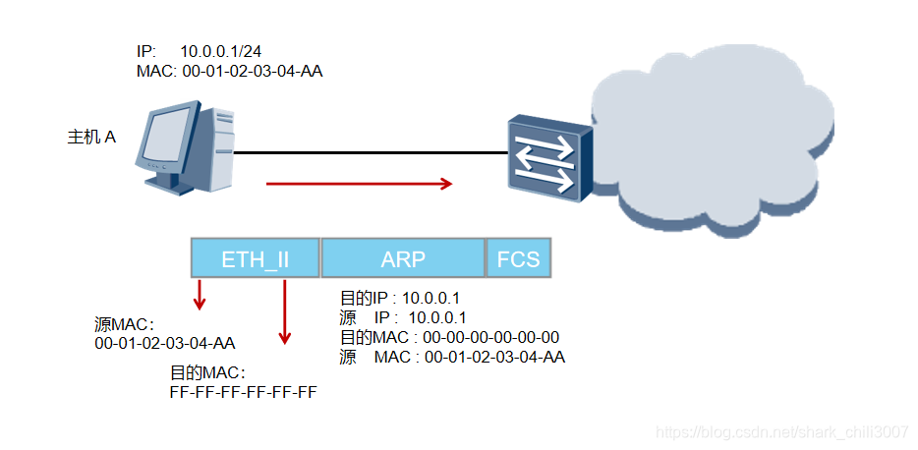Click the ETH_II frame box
click(256, 258)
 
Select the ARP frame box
click(403, 258)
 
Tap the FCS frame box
click(518, 258)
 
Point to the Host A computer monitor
click(165, 139)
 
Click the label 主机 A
click(91, 138)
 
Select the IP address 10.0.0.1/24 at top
click(221, 50)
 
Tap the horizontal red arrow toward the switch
click(359, 183)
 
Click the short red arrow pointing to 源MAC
click(200, 294)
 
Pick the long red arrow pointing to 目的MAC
click(285, 311)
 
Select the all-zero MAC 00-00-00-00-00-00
click(491, 337)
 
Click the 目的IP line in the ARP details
click(403, 298)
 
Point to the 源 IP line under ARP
click(403, 317)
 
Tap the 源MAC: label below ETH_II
click(125, 324)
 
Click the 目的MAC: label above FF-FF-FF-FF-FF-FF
click(207, 373)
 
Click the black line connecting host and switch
click(369, 153)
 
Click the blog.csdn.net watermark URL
click(781, 432)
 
